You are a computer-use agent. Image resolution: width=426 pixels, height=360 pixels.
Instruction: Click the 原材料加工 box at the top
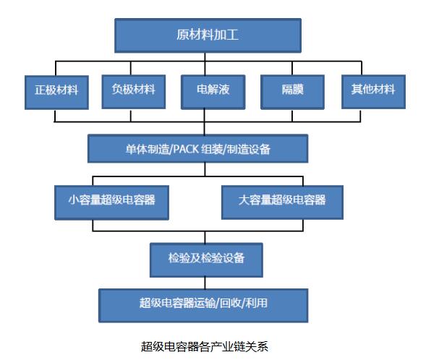click(x=208, y=35)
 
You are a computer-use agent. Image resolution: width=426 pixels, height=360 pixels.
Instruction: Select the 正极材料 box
click(x=56, y=93)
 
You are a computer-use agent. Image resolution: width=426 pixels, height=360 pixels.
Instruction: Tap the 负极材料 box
click(x=134, y=92)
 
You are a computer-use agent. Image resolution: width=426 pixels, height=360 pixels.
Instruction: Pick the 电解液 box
click(x=213, y=93)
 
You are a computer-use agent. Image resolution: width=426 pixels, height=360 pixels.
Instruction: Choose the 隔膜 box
click(x=292, y=93)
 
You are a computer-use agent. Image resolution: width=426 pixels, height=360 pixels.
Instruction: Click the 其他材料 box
click(x=373, y=92)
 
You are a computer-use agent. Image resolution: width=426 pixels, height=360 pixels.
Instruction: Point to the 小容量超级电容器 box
click(x=111, y=202)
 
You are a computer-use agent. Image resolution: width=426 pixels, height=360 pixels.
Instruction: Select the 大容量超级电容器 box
click(x=282, y=202)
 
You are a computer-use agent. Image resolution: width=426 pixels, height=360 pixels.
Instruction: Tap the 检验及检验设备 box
click(x=206, y=260)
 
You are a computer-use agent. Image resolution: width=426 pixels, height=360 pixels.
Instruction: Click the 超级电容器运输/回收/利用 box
click(x=203, y=306)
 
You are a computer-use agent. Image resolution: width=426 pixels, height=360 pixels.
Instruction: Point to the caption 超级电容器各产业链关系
click(x=204, y=346)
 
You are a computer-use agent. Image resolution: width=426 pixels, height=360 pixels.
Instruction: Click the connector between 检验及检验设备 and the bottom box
click(x=205, y=283)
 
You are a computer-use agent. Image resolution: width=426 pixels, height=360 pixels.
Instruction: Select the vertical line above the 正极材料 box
click(x=56, y=69)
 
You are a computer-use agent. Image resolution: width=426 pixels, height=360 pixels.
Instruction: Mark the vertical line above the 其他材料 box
click(x=362, y=68)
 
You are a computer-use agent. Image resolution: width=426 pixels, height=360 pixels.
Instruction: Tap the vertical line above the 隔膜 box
click(x=292, y=68)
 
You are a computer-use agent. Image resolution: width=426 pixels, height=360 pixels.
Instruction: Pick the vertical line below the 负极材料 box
click(x=131, y=116)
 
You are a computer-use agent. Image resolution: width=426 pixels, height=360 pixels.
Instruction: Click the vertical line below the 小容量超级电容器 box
click(x=93, y=226)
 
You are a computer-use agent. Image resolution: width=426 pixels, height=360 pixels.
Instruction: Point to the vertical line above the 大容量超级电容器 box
click(x=302, y=181)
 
